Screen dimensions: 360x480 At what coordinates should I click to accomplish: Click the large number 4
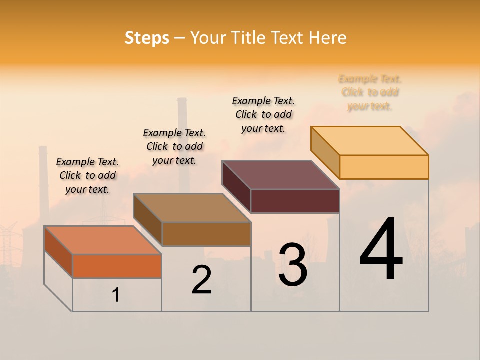click(381, 250)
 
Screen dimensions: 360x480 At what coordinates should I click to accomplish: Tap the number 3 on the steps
click(293, 265)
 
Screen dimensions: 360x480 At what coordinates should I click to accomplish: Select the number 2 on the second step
click(202, 280)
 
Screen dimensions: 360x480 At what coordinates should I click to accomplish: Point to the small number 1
click(116, 295)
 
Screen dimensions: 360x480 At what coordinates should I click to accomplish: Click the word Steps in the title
click(147, 38)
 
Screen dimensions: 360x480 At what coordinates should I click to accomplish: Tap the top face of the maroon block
click(281, 175)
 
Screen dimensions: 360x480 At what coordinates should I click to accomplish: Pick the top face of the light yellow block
click(370, 141)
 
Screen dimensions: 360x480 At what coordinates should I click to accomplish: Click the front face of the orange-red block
click(117, 266)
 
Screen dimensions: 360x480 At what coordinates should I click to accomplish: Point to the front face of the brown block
click(206, 234)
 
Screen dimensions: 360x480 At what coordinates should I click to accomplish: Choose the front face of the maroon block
click(295, 201)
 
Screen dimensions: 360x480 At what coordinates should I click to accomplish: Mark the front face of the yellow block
click(384, 167)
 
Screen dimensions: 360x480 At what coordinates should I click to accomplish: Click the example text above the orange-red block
click(87, 175)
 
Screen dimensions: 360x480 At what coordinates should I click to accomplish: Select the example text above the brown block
click(174, 146)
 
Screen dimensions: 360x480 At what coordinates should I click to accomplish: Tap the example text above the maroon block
click(263, 114)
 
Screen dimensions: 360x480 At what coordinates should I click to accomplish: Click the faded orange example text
click(370, 92)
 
